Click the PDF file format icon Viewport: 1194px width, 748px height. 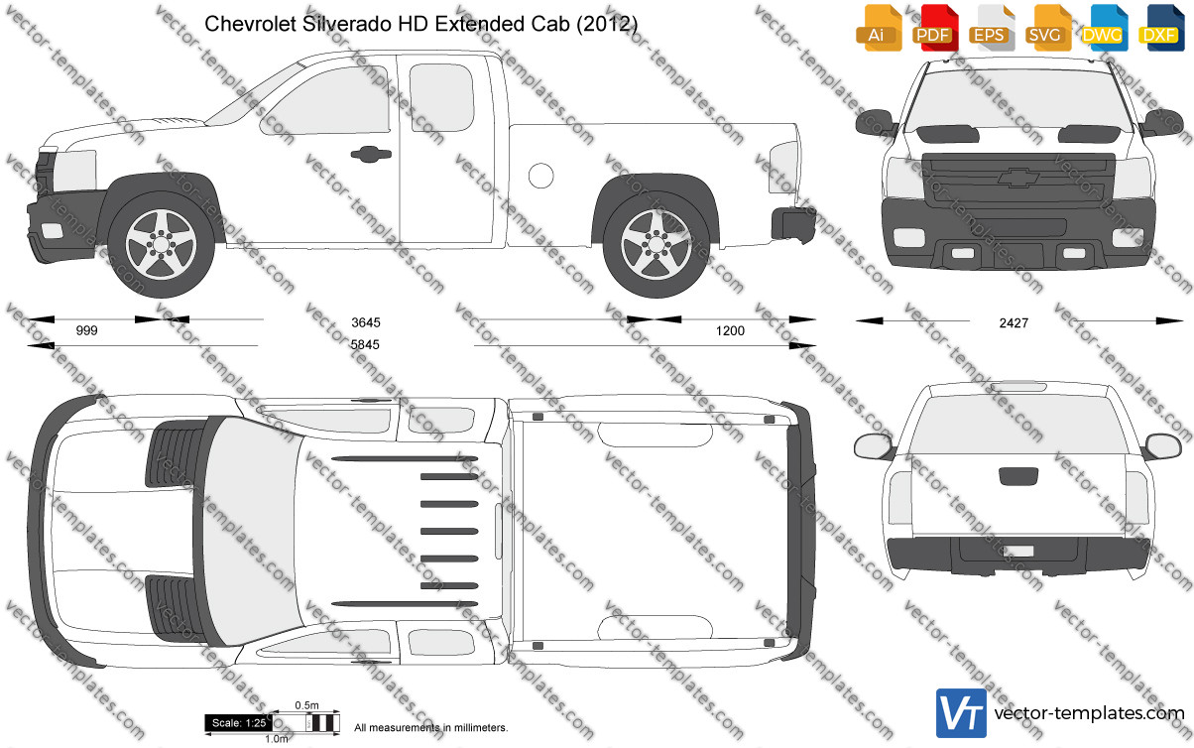938,28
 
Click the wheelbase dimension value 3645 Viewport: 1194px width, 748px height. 366,322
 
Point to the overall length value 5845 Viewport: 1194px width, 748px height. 365,345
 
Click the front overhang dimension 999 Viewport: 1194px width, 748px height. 87,330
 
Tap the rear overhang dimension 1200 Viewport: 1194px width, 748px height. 730,331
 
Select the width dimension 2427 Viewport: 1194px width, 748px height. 1014,323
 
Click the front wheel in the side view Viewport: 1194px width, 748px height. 161,245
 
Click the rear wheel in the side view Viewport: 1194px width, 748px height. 657,245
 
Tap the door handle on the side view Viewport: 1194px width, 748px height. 371,154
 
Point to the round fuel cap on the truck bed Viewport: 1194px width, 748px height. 541,176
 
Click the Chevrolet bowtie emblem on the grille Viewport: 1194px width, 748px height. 1019,178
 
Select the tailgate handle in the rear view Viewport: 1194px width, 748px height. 1018,476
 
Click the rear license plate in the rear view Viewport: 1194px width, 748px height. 1018,552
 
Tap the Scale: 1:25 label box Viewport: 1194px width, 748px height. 239,723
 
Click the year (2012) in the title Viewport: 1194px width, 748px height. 607,24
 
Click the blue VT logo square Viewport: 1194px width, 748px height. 961,713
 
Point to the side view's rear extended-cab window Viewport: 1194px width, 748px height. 441,97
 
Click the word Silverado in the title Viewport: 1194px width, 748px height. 347,24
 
